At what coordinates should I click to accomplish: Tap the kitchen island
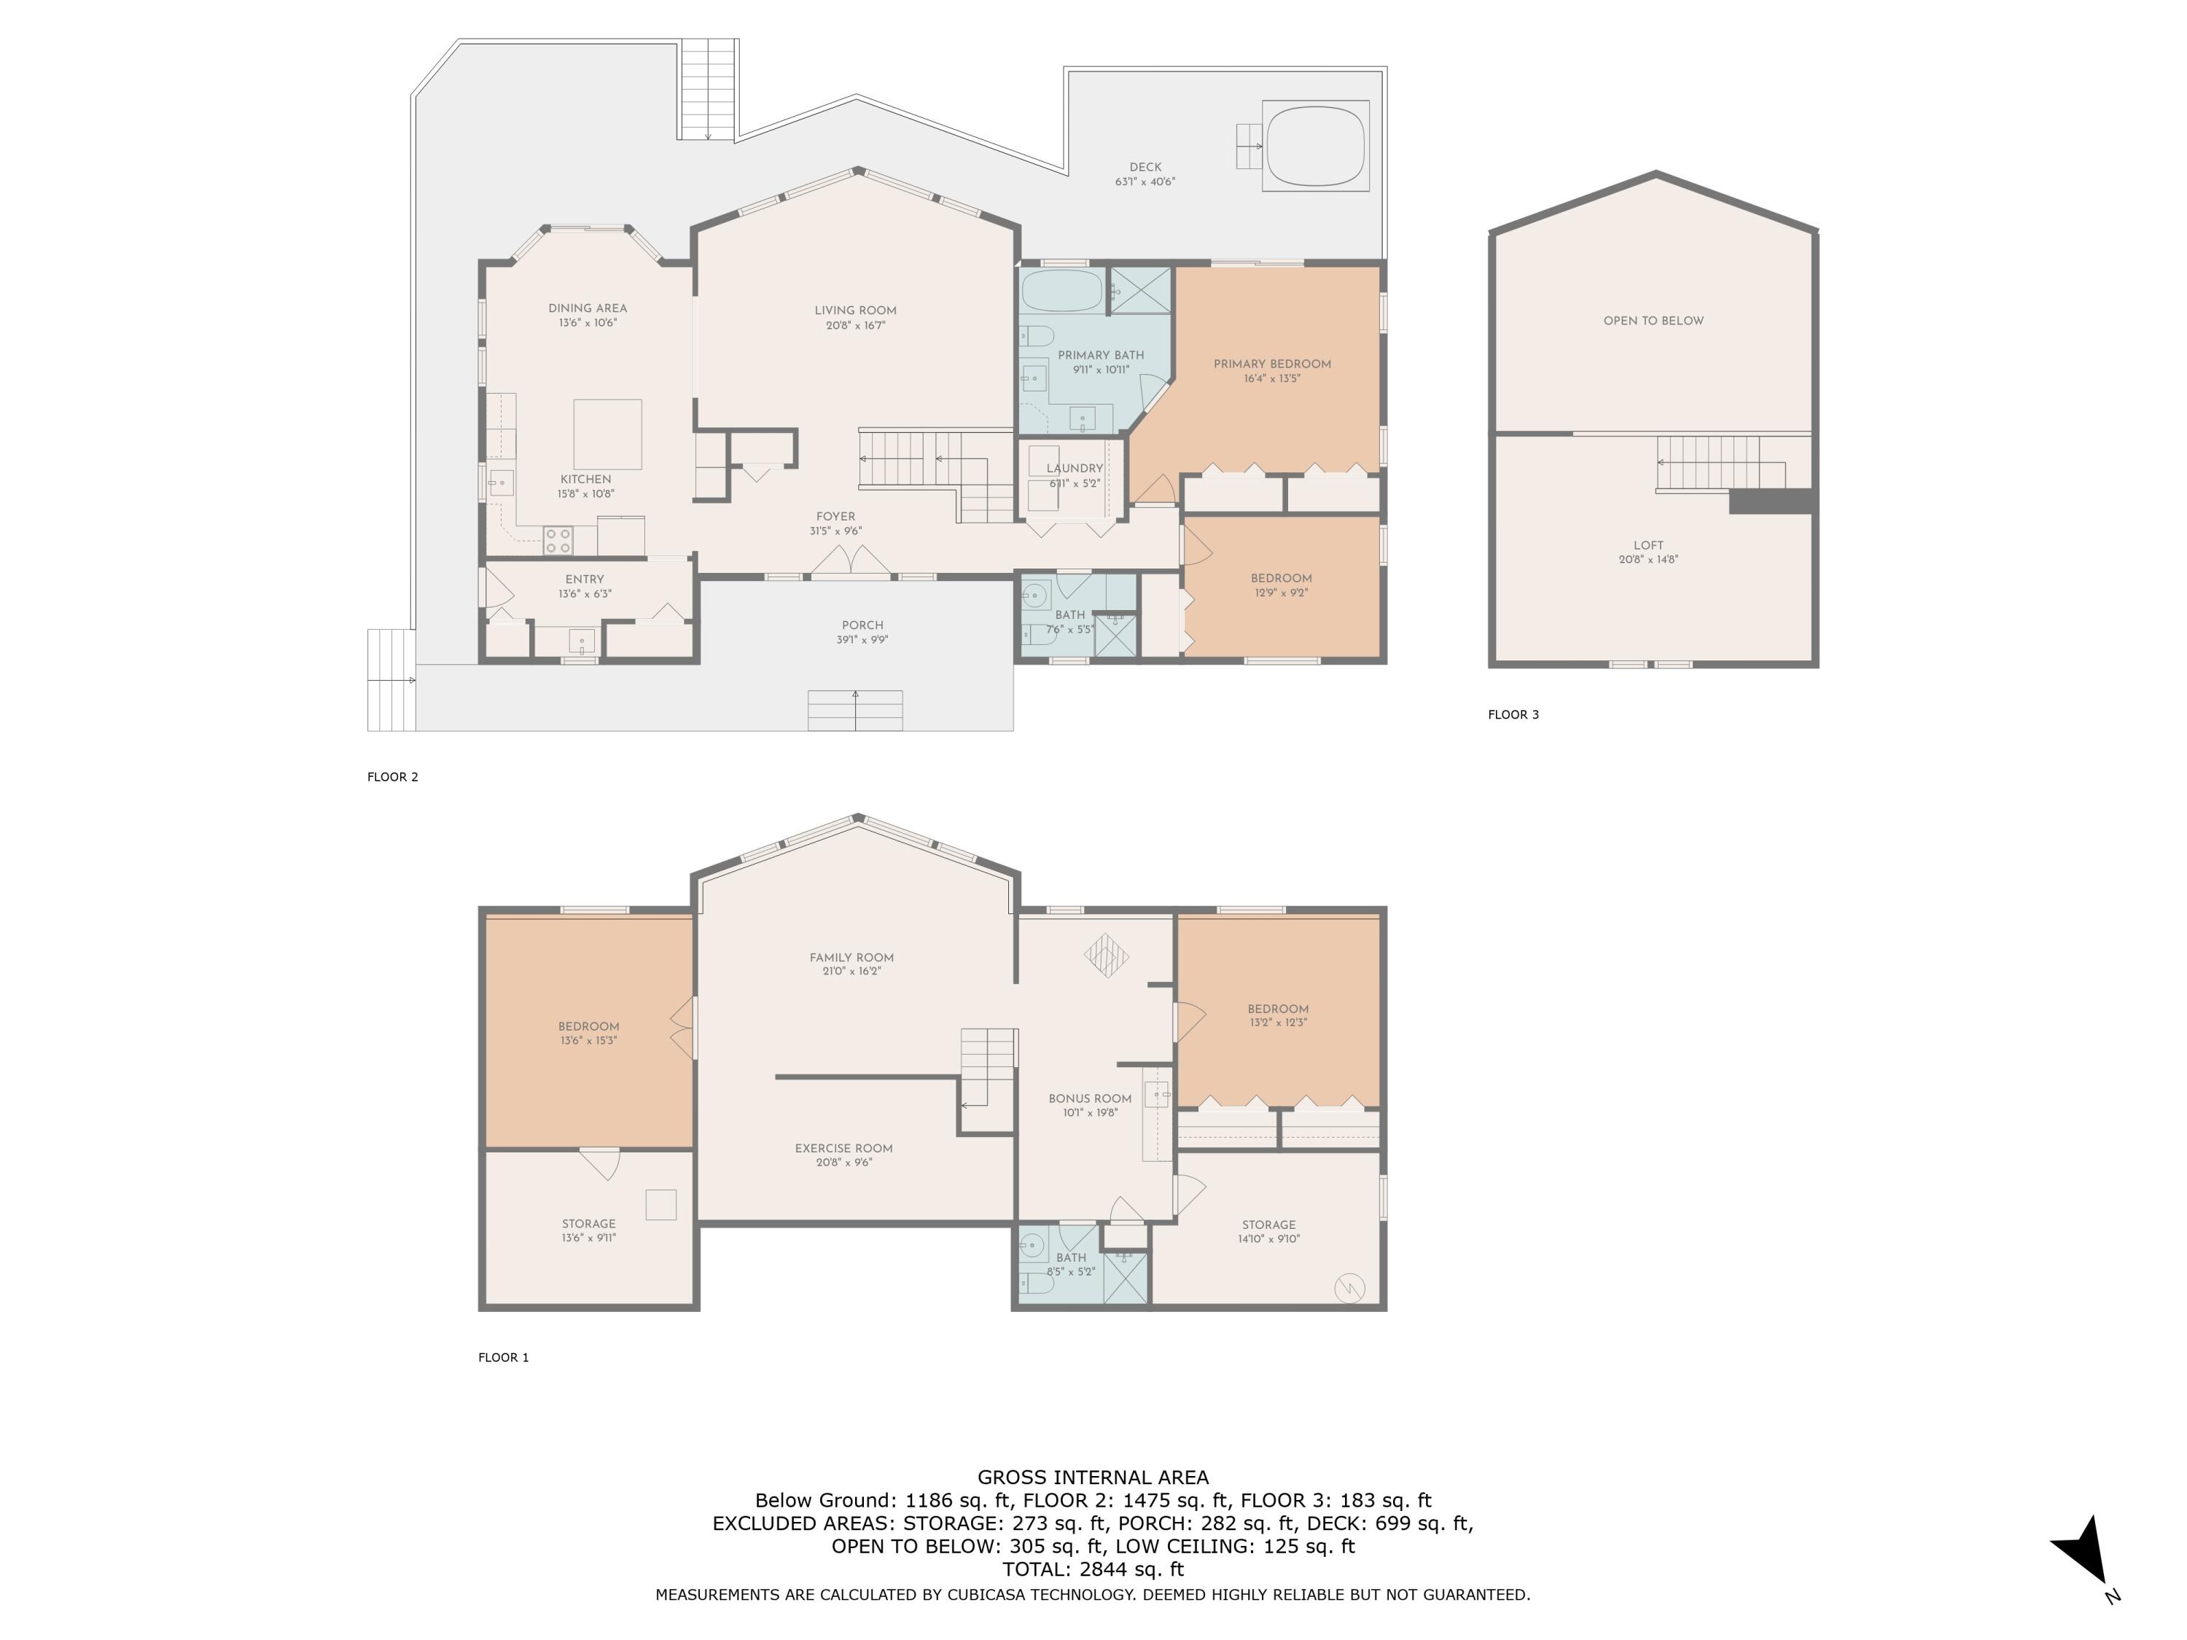pos(608,434)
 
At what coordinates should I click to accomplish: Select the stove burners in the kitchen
pos(558,540)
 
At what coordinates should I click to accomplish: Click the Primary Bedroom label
pos(1272,364)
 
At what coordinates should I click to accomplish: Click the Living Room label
pos(855,311)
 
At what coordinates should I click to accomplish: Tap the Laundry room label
pos(1075,469)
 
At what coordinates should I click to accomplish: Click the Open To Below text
pos(1653,320)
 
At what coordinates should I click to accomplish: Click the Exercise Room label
pos(843,1149)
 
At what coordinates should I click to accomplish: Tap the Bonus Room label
pos(1090,1098)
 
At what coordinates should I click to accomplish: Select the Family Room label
pos(851,957)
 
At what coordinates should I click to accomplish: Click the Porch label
pos(862,625)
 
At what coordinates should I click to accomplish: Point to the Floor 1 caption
pos(503,1357)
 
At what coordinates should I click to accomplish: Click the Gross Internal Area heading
pos(1093,1477)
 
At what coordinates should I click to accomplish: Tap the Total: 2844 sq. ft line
pos(1093,1569)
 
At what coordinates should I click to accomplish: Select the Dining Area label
pos(588,308)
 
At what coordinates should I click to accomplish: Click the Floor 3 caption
pos(1513,715)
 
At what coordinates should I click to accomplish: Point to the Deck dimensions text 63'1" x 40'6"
pos(1145,182)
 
